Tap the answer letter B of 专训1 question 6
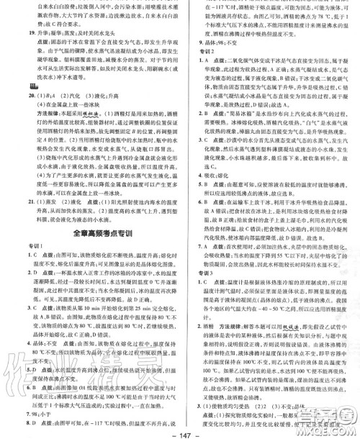coord(23,384)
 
